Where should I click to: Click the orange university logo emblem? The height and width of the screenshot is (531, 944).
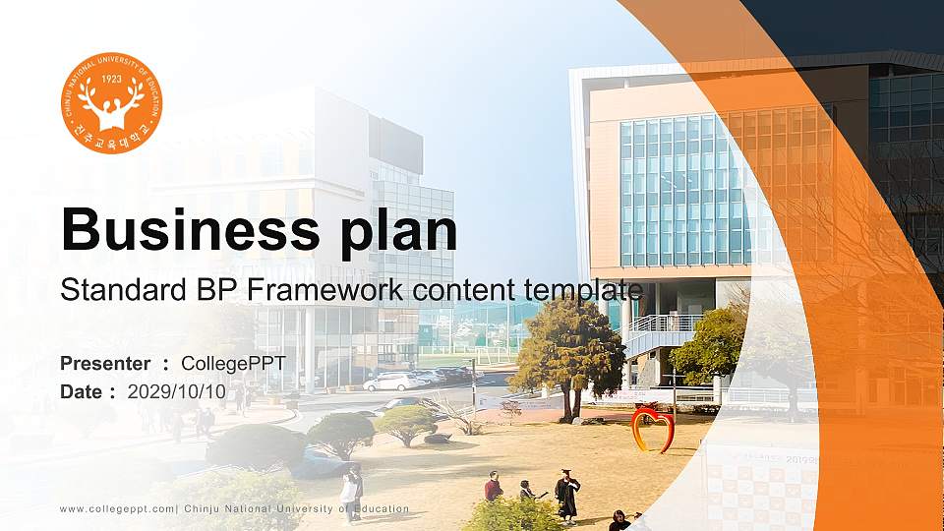111,103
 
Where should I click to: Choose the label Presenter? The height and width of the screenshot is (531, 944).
105,364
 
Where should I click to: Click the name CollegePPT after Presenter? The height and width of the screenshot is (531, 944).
234,364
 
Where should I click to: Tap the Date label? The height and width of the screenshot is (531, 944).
82,391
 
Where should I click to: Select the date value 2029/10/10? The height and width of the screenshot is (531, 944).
177,391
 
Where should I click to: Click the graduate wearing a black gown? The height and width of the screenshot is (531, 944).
566,495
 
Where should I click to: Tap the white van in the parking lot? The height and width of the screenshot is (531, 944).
391,382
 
